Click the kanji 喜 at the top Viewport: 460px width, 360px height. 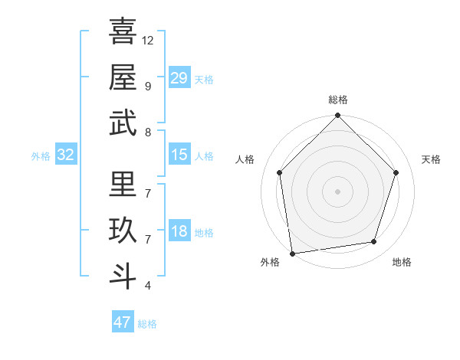tap(123, 31)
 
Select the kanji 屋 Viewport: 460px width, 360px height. tap(123, 77)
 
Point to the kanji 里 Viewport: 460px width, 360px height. tap(123, 185)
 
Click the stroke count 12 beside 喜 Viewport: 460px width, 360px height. tap(148, 40)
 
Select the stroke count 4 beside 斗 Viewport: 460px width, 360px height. tap(147, 286)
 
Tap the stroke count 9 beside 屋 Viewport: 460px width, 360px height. tap(147, 85)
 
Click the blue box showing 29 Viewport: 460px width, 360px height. tap(179, 77)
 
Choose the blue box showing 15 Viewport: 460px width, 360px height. tap(179, 155)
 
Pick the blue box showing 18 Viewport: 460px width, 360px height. tap(179, 231)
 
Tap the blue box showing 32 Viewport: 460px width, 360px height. tap(66, 155)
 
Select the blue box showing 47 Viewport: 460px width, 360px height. tap(122, 322)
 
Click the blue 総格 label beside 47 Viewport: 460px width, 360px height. tap(147, 324)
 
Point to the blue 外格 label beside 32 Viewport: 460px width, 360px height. tap(41, 156)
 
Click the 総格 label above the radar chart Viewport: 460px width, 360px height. tap(337, 100)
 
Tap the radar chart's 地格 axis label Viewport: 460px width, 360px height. tap(402, 262)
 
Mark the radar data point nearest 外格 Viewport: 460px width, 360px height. tap(292, 253)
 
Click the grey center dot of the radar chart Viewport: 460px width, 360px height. tap(337, 191)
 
